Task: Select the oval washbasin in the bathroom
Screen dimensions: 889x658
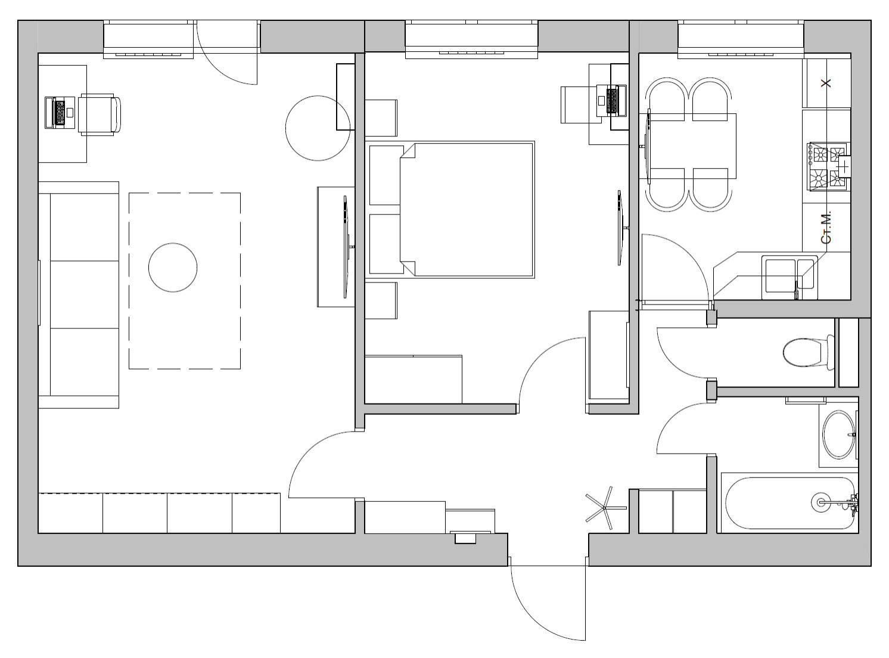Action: [x=839, y=434]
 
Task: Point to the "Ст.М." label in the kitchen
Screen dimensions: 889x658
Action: [x=826, y=227]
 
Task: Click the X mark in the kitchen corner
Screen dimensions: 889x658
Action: [x=826, y=83]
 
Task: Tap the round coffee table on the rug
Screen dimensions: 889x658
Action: [x=173, y=267]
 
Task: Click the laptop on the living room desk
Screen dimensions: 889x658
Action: [x=60, y=112]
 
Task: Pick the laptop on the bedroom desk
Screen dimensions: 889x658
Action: [x=612, y=101]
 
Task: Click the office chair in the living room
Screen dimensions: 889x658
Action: [x=99, y=114]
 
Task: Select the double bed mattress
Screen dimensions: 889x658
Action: [x=467, y=209]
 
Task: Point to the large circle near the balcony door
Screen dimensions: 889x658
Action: [x=318, y=128]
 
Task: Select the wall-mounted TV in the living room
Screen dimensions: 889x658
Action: [x=346, y=247]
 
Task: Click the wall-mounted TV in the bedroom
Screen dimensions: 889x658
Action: [x=620, y=227]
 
